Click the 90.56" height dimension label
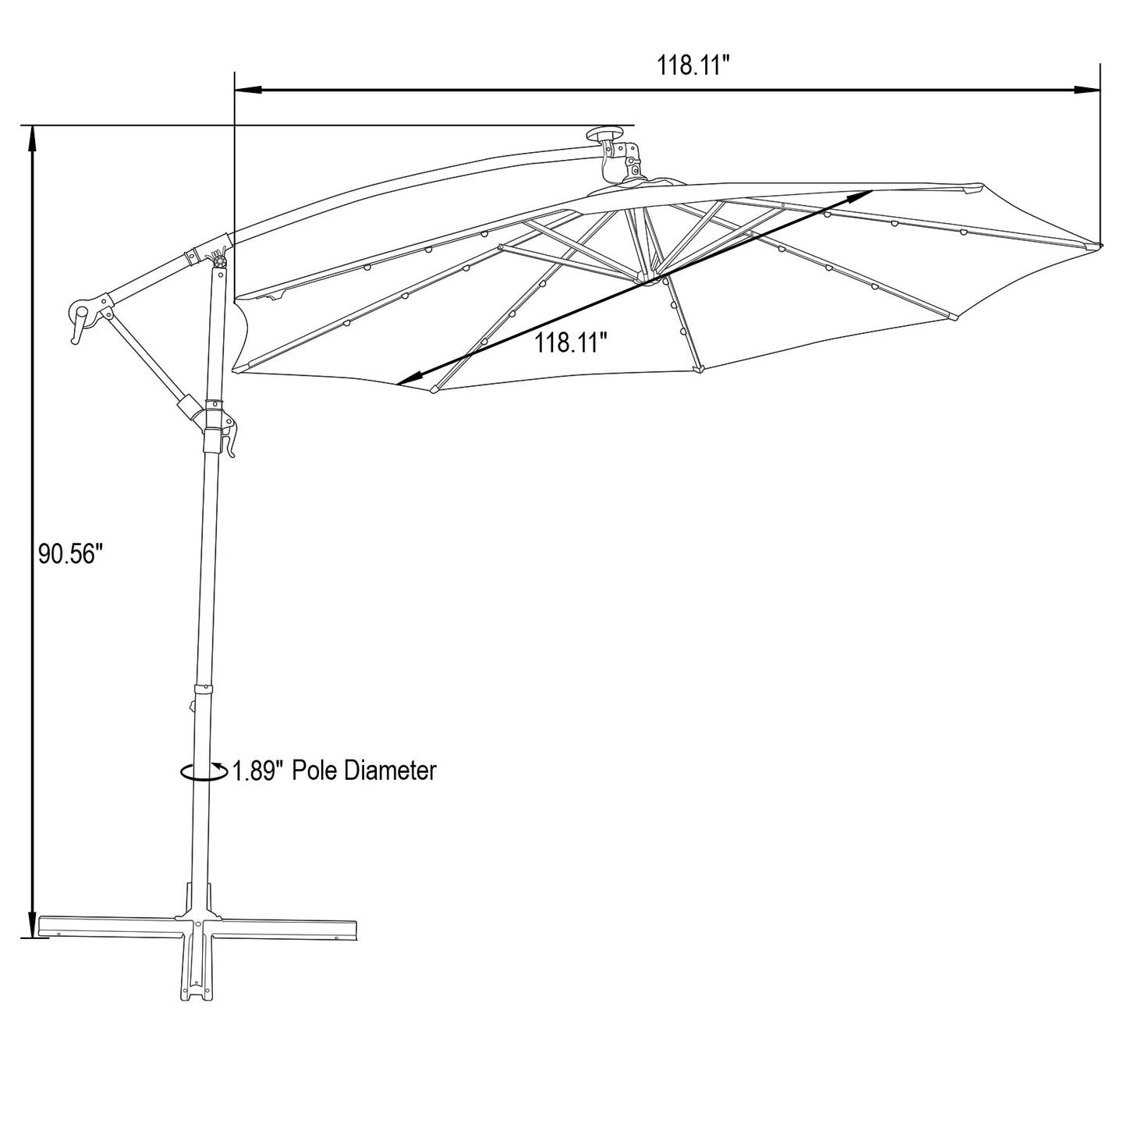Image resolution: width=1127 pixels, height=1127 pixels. (x=71, y=555)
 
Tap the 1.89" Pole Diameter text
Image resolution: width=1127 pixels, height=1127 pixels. (x=334, y=771)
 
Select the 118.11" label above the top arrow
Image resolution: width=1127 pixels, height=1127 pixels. (x=693, y=66)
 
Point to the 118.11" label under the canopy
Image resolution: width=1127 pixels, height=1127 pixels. (x=570, y=342)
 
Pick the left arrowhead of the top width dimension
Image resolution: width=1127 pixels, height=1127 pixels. (x=246, y=90)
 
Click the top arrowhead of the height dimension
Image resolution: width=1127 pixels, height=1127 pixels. (x=33, y=138)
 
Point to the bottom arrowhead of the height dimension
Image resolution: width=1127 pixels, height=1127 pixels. (x=33, y=925)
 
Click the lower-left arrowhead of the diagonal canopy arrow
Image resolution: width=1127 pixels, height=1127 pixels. (x=405, y=381)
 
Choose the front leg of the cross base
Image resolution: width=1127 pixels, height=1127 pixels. (x=197, y=975)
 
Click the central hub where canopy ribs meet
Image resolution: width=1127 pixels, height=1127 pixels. (x=647, y=277)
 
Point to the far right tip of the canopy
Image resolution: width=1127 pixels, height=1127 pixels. (x=1100, y=247)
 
